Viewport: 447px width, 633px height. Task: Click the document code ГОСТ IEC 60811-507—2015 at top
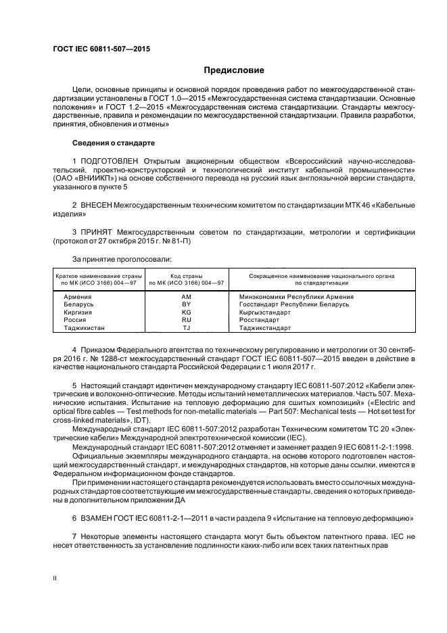(101, 49)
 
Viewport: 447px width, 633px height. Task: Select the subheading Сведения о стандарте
(114, 143)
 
